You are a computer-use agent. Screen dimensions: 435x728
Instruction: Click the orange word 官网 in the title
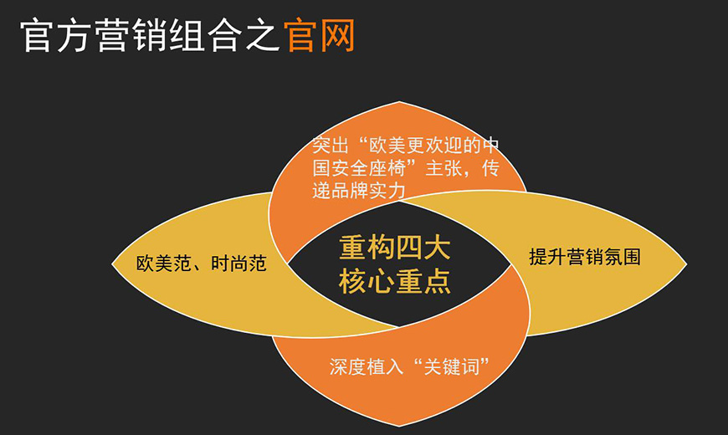coord(320,37)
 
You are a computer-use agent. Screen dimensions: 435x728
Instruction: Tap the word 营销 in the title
coord(132,37)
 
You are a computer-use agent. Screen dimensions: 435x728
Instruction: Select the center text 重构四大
coord(395,249)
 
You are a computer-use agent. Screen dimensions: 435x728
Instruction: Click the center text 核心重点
coord(395,282)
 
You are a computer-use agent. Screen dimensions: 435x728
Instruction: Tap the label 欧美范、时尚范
coord(201,264)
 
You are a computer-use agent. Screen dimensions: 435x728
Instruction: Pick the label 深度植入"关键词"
coord(409,366)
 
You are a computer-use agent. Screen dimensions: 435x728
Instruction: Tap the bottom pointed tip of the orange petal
coord(399,427)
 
